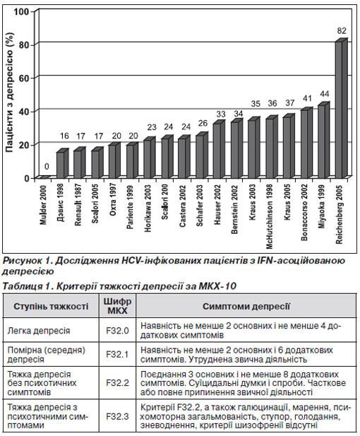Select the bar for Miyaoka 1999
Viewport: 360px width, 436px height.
coord(323,140)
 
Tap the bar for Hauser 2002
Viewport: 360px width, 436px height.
coord(219,149)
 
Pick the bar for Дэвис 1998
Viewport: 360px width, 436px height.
coord(63,163)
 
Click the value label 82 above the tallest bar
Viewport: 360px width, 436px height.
coord(342,30)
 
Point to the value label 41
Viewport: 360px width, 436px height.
coord(307,98)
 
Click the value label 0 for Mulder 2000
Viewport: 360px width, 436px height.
coord(47,167)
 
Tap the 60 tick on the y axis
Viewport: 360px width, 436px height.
coord(25,78)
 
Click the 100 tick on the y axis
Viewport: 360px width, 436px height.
coord(22,12)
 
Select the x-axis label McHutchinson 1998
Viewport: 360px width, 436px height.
coord(269,216)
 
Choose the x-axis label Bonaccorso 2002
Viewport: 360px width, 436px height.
coord(304,212)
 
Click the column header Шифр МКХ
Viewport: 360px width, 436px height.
coord(117,306)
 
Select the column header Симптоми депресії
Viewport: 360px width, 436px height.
coord(246,306)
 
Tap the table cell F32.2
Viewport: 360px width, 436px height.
coord(117,383)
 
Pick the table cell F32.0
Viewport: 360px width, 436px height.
coord(117,331)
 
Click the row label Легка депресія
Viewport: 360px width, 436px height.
coord(39,331)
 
